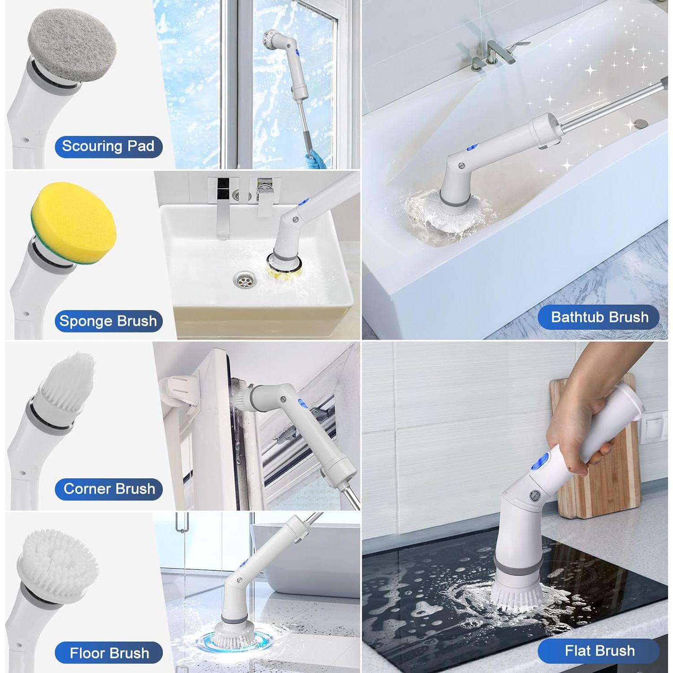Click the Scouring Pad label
coord(108,146)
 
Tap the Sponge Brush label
coord(108,321)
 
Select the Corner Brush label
coord(109,489)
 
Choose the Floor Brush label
coord(109,653)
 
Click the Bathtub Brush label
coord(599,317)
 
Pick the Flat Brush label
coord(599,651)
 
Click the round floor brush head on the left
coord(58,565)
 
